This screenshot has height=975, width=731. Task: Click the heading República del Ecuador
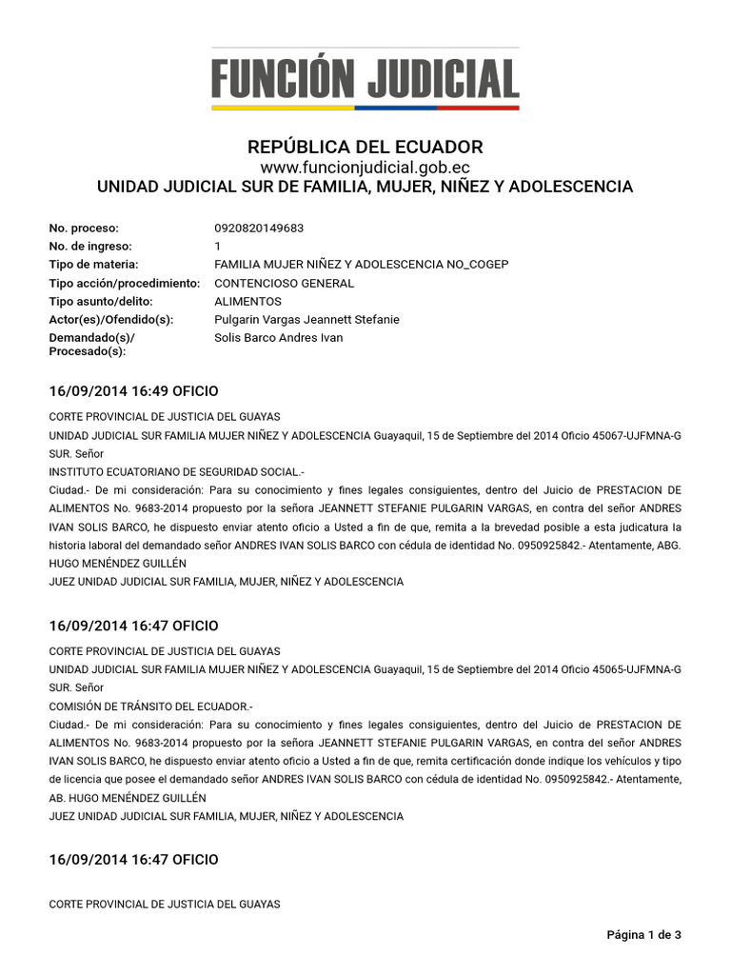coord(365,148)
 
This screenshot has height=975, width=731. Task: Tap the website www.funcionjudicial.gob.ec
coord(365,168)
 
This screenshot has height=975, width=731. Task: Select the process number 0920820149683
coord(259,229)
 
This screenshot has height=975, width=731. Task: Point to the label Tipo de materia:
coord(93,265)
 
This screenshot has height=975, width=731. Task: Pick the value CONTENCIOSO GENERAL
coord(284,283)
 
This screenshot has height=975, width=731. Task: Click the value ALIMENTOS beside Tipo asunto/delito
coord(247,301)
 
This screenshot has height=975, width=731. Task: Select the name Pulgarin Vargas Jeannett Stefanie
coord(306,320)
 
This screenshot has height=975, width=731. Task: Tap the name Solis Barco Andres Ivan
coord(279,338)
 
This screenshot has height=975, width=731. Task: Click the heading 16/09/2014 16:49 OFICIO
coord(133,391)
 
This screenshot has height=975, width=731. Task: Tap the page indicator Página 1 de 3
coord(643,935)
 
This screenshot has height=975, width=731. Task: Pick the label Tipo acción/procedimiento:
coord(124,283)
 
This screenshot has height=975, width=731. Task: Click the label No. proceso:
coord(84,229)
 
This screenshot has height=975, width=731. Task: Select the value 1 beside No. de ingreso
coord(218,247)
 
